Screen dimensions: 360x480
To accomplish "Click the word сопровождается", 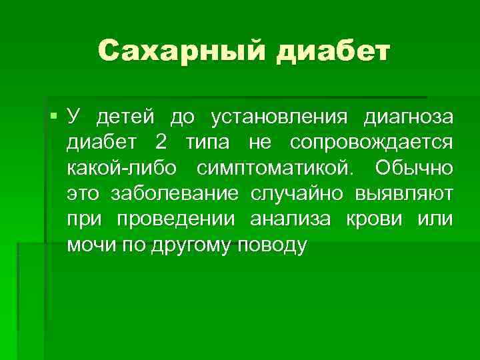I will point(371,143).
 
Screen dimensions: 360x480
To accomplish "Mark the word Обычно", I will point(413,168).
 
